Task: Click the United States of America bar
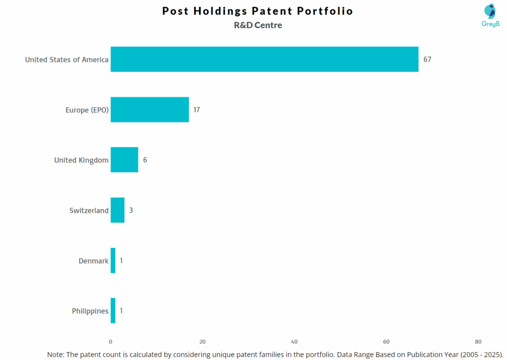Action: [264, 59]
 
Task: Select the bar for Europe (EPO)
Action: [150, 109]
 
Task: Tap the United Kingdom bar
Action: [124, 159]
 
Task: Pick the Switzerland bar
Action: [117, 210]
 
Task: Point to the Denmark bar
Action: [113, 260]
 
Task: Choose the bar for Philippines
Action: [113, 310]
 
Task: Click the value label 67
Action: [427, 59]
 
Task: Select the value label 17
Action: [197, 109]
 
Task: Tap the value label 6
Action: [145, 159]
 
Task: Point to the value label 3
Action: [131, 210]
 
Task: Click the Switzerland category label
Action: [89, 210]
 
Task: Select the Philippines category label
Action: [90, 311]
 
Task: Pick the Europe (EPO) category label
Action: [87, 110]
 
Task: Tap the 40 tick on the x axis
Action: [294, 342]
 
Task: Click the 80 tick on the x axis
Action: [478, 342]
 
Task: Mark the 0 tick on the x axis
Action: [110, 342]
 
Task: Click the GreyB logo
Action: [490, 15]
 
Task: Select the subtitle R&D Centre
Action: [258, 25]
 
